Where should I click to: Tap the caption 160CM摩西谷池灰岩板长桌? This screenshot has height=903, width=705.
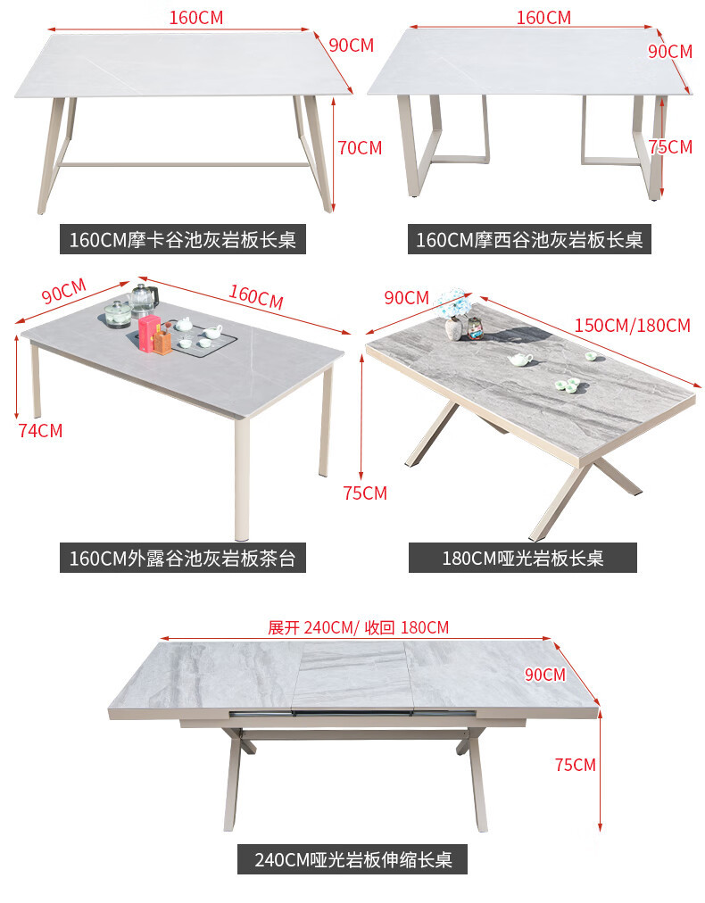point(529,240)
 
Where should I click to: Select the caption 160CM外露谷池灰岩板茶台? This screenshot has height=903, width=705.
point(182,559)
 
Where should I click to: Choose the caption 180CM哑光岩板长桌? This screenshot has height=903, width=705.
point(523,559)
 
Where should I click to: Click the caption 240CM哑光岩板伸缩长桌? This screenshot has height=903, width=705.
point(352,860)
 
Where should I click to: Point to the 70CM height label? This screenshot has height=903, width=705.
point(360,148)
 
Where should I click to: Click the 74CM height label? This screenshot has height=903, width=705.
point(40,430)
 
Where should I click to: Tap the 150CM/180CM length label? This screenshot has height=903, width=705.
point(632,325)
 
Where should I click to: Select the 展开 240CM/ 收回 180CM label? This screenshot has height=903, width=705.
point(358,627)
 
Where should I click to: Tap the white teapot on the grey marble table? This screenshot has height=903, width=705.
point(520,360)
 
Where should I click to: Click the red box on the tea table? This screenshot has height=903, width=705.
point(148,331)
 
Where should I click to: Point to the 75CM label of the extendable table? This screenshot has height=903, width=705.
point(575,765)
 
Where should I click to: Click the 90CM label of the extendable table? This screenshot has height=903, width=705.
point(544,675)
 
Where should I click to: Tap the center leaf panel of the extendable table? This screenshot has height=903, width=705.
point(350,675)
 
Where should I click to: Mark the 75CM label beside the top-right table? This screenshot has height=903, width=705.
point(671,147)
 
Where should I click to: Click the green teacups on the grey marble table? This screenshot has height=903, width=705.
point(568,385)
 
